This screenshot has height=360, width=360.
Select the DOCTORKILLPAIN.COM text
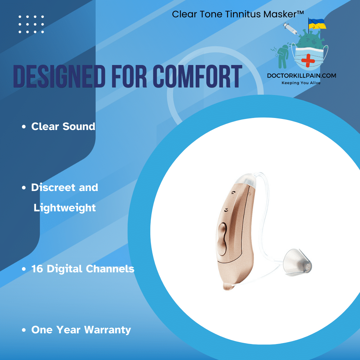(301, 76)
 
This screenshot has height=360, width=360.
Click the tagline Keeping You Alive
(301, 83)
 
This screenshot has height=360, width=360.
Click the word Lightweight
(65, 208)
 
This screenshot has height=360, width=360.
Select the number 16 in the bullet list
(37, 269)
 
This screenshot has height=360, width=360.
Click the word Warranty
(107, 330)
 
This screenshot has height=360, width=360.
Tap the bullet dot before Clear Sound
(24, 127)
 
